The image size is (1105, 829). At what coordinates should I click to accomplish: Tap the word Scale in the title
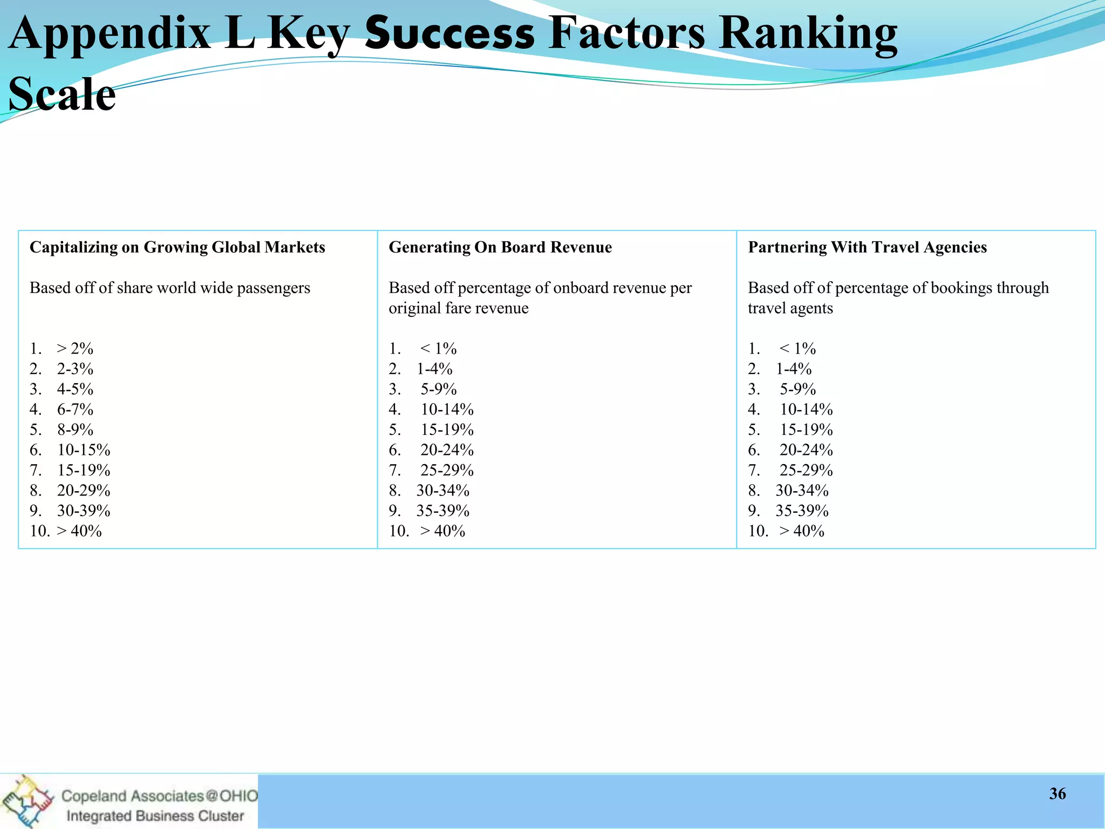click(x=62, y=94)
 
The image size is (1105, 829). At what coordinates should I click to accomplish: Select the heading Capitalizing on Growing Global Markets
click(x=177, y=247)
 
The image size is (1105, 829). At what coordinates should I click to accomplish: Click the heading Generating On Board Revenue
click(x=500, y=247)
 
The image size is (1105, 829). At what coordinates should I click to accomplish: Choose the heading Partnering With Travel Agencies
click(x=867, y=247)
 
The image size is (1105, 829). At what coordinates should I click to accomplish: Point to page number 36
click(x=1058, y=793)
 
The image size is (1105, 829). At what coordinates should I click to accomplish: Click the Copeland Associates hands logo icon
click(x=27, y=801)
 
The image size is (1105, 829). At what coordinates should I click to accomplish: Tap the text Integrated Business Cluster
click(x=155, y=816)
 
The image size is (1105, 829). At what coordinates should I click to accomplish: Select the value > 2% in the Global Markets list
click(x=75, y=349)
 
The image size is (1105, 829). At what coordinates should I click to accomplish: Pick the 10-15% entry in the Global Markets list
click(x=84, y=450)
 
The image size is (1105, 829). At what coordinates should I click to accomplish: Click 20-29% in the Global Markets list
click(x=84, y=491)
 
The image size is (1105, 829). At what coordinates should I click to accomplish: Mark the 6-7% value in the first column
click(x=75, y=410)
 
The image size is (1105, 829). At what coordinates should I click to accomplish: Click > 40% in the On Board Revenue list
click(x=442, y=531)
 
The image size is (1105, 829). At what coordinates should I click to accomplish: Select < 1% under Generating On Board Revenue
click(x=438, y=349)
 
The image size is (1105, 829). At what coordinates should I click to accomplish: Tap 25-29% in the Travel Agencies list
click(x=806, y=471)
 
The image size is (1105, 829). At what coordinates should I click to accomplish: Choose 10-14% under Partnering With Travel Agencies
click(x=806, y=410)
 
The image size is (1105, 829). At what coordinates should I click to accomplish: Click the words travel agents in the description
click(x=790, y=308)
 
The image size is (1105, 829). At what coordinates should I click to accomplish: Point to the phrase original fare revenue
click(x=459, y=308)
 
